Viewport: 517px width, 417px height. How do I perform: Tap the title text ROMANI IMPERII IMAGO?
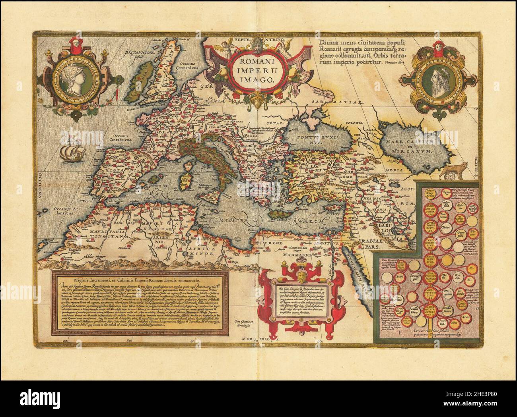(253, 70)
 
